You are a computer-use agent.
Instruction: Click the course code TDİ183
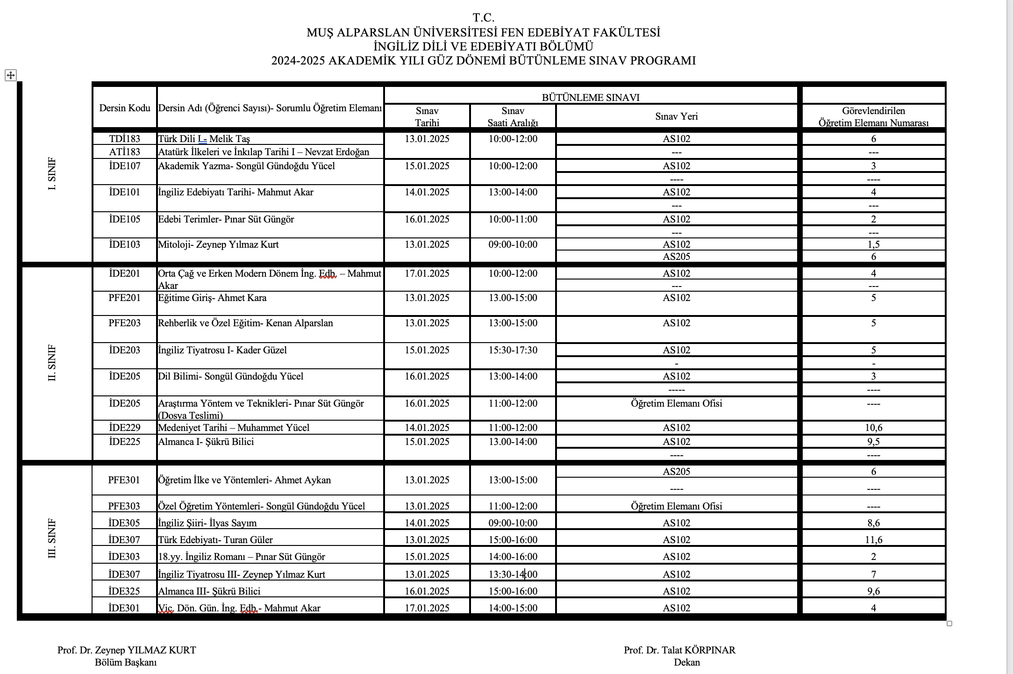click(124, 139)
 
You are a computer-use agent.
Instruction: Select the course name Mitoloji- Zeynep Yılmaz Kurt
click(218, 244)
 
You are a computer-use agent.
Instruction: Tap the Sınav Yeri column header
click(676, 116)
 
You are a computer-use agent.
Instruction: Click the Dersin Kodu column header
click(125, 108)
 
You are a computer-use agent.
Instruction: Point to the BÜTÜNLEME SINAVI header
click(590, 98)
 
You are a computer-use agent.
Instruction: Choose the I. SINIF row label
click(52, 173)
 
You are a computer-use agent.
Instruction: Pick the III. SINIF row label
click(52, 538)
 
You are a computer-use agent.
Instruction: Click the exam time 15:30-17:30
click(513, 350)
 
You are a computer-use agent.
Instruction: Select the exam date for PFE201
click(427, 298)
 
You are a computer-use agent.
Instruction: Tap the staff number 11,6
click(873, 540)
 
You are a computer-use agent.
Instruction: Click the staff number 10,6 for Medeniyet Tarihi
click(873, 428)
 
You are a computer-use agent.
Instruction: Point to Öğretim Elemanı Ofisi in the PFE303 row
click(676, 506)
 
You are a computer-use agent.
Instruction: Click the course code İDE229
click(124, 428)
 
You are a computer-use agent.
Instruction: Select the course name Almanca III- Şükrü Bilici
click(209, 591)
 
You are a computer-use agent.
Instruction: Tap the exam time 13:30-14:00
click(513, 574)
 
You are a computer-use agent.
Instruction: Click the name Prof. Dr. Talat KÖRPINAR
click(679, 650)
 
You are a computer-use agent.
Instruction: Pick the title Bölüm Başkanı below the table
click(126, 662)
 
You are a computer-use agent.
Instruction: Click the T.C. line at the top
click(483, 18)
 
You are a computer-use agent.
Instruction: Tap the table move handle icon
click(11, 75)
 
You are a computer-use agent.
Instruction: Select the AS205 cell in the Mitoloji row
click(676, 257)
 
